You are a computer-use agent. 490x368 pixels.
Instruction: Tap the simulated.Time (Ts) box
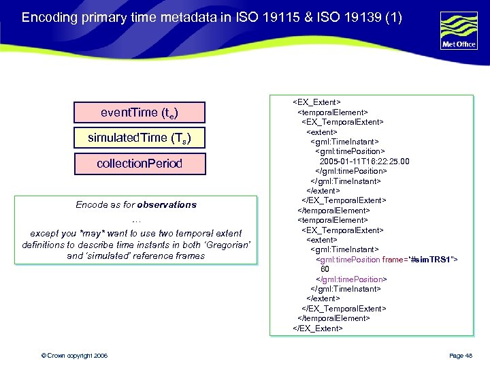[x=140, y=138]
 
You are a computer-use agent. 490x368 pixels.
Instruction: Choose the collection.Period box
[x=140, y=164]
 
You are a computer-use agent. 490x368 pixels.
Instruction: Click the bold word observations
[x=166, y=204]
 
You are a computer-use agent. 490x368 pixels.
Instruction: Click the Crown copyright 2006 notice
[x=74, y=356]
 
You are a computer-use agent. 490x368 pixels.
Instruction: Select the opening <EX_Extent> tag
[x=316, y=102]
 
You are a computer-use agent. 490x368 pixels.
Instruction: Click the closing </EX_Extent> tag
[x=318, y=328]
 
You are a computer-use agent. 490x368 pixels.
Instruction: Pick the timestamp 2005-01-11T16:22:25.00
[x=364, y=162]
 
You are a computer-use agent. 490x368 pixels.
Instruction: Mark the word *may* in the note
[x=97, y=233]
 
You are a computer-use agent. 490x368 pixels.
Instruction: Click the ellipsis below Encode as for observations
[x=136, y=219]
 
